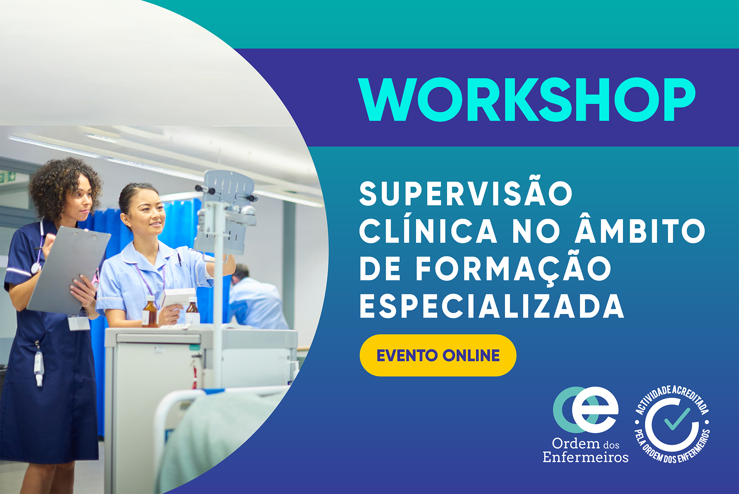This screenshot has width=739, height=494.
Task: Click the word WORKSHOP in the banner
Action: click(527, 99)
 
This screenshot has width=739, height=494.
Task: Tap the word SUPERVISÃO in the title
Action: click(466, 193)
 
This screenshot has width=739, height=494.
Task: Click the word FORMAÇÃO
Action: click(514, 268)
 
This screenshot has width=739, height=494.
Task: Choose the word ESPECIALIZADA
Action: click(491, 306)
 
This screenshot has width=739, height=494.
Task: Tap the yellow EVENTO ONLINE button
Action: click(438, 355)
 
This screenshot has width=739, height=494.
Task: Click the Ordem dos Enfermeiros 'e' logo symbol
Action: click(585, 410)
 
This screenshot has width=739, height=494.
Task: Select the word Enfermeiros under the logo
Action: click(585, 457)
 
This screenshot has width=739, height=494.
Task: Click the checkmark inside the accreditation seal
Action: click(677, 419)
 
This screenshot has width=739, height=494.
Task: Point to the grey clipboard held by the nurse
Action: click(68, 270)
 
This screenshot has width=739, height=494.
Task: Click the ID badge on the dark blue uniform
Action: click(79, 322)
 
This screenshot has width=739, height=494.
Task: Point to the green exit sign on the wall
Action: click(7, 177)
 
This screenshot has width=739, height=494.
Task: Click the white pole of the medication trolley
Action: click(218, 296)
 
